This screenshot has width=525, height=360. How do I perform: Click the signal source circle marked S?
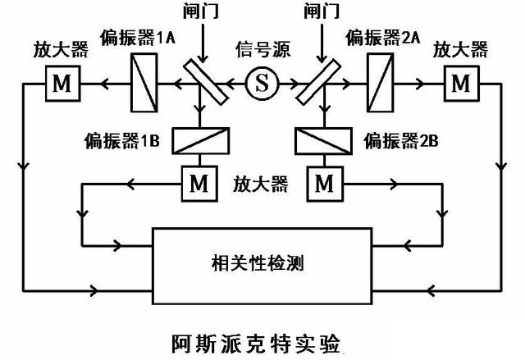[262, 82]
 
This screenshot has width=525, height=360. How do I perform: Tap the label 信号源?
[262, 46]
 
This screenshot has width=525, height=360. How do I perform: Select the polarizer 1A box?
[144, 81]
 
